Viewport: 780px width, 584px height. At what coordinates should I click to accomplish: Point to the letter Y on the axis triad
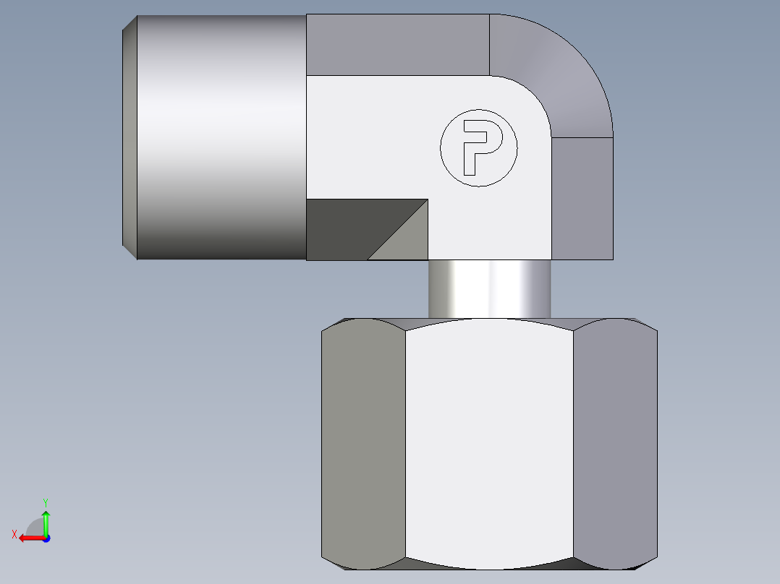tap(45, 501)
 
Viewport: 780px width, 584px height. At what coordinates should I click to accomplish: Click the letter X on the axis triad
tap(14, 534)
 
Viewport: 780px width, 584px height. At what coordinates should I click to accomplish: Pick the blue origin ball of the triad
tap(46, 538)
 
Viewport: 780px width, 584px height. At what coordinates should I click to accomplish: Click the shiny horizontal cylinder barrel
tap(221, 137)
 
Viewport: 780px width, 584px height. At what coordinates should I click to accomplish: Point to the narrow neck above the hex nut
tap(489, 289)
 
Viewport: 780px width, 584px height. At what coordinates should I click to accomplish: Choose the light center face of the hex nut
tap(489, 441)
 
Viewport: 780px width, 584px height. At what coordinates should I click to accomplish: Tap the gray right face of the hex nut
tap(615, 441)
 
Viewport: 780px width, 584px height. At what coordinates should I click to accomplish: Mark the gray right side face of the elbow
tap(582, 199)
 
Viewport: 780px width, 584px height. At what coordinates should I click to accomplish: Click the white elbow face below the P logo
tap(492, 224)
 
